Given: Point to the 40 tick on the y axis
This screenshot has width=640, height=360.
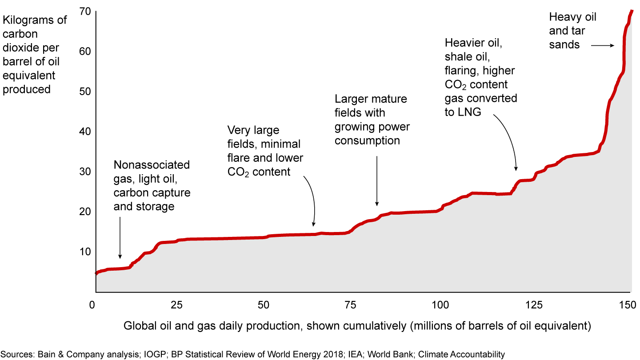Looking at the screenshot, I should (85, 131).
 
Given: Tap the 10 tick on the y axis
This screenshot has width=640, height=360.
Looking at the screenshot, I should (85, 252).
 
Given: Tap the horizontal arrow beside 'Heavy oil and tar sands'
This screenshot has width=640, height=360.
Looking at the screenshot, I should (604, 45).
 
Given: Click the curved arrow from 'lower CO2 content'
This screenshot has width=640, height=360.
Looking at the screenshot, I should (311, 200).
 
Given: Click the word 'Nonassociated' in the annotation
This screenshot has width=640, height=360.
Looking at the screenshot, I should (152, 165).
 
